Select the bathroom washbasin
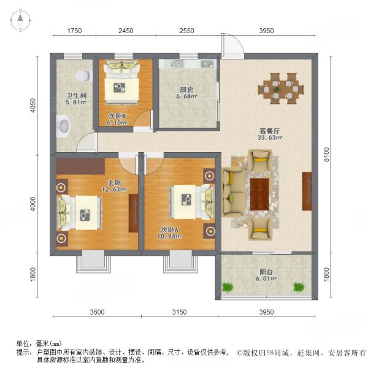[x=63, y=128]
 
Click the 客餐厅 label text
[x=269, y=130]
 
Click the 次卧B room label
[x=117, y=115]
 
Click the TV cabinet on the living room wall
[x=306, y=192]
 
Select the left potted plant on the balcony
[x=229, y=286]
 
